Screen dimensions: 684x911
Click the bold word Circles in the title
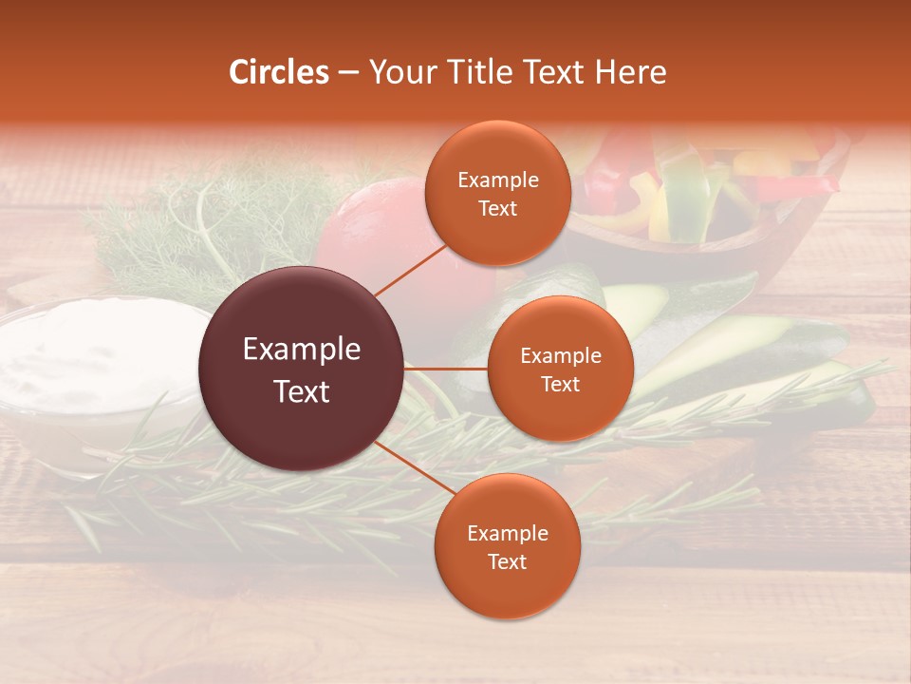(279, 72)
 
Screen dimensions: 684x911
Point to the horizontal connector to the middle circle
(446, 368)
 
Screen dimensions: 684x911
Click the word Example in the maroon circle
(302, 350)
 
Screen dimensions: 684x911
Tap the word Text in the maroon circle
(302, 391)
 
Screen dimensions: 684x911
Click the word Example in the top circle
(497, 180)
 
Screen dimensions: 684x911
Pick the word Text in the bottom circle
(507, 561)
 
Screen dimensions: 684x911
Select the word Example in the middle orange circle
(560, 356)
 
